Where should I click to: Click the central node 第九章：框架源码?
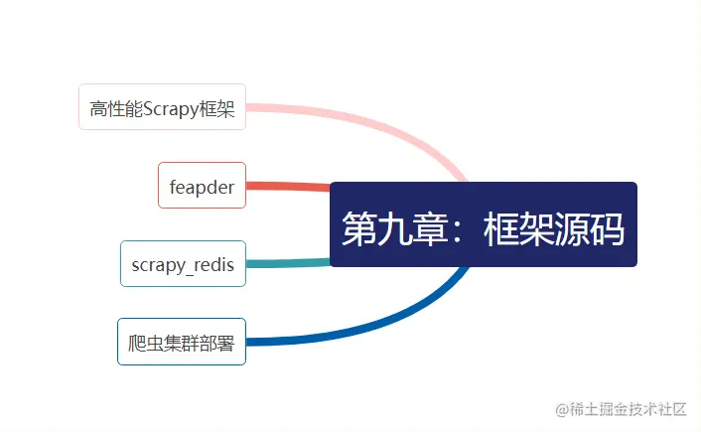(x=483, y=224)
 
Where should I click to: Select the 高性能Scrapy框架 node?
(x=162, y=107)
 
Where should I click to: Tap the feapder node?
(x=202, y=186)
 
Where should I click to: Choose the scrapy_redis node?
(x=183, y=264)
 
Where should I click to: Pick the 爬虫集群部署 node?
(x=182, y=342)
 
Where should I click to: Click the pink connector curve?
(x=397, y=123)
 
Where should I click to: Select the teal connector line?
(x=288, y=263)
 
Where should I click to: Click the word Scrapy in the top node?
(x=171, y=108)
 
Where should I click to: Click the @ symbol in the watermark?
(x=562, y=409)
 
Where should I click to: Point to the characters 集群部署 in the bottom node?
(x=202, y=343)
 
